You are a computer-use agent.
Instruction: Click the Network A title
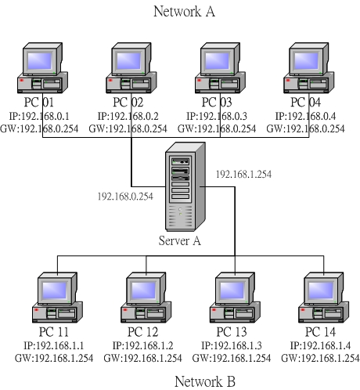[183, 11]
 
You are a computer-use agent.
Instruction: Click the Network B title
[183, 381]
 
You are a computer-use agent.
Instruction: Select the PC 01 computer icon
[42, 70]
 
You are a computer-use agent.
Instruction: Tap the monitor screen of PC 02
[129, 60]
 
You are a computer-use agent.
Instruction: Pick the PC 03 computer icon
[221, 70]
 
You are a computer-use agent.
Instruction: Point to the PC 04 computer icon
[311, 70]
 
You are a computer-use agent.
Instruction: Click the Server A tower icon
[180, 189]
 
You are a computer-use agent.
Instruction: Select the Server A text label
[180, 240]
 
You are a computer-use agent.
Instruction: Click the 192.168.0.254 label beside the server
[125, 195]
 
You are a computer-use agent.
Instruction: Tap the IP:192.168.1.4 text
[322, 345]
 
